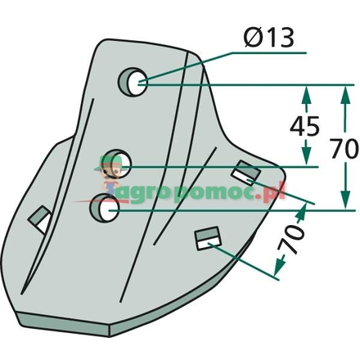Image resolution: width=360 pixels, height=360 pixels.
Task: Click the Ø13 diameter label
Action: [268, 38]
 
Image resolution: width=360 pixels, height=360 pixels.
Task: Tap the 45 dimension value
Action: [304, 127]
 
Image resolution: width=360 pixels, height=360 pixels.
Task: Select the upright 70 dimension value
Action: [344, 149]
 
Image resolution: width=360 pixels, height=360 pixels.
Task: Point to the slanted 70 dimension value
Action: [290, 239]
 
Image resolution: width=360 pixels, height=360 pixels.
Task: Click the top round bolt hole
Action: [133, 82]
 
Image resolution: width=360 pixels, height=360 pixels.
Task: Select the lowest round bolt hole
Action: [105, 208]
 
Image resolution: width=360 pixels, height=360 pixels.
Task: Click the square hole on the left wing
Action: [40, 220]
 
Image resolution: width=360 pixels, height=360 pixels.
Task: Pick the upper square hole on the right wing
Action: [245, 173]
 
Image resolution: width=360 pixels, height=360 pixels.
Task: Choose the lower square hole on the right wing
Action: [208, 238]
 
